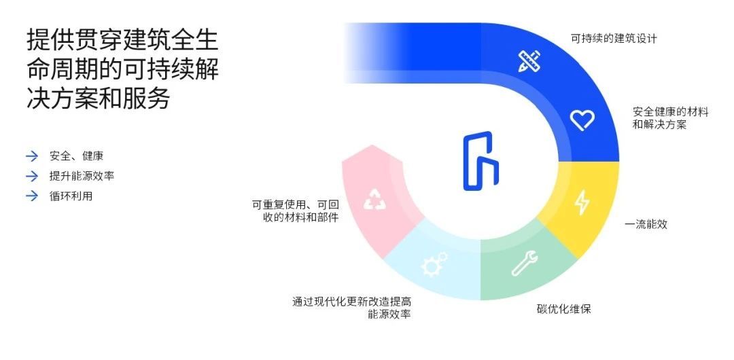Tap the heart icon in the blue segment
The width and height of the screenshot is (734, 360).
point(582,120)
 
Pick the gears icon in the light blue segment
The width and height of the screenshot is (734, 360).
point(434,264)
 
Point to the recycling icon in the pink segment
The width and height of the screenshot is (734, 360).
point(374,199)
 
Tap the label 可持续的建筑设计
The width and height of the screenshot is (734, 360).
point(614,39)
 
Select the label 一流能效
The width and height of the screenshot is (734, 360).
point(646,223)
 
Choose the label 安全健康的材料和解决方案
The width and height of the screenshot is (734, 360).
point(670,118)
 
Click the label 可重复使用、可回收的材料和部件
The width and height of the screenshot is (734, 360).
point(295,211)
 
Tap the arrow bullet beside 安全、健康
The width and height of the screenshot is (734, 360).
point(31,156)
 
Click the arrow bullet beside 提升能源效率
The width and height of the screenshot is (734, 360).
point(31,176)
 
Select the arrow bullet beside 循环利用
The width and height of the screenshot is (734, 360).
point(31,196)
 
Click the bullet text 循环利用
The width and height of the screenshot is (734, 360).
point(71,196)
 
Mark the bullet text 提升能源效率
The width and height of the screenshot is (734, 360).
point(82,176)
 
